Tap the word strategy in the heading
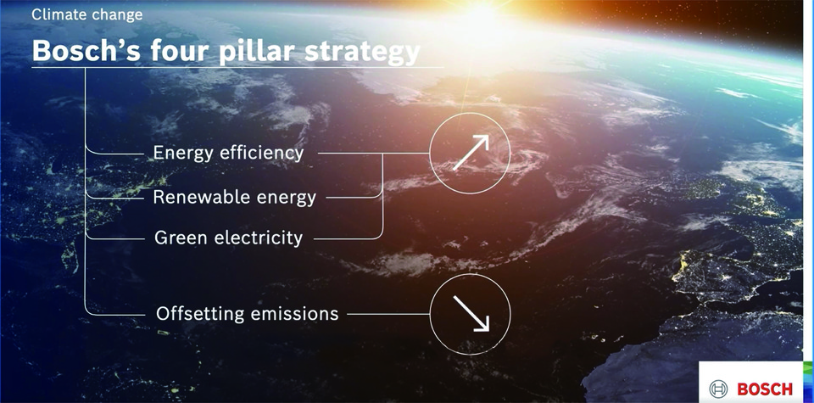click(362, 53)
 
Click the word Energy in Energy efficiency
click(183, 154)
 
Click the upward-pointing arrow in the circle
click(471, 153)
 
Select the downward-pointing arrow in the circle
click(471, 313)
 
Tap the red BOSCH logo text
click(765, 389)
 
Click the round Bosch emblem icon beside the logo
click(719, 389)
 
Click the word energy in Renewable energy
click(282, 199)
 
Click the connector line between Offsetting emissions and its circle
click(388, 314)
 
